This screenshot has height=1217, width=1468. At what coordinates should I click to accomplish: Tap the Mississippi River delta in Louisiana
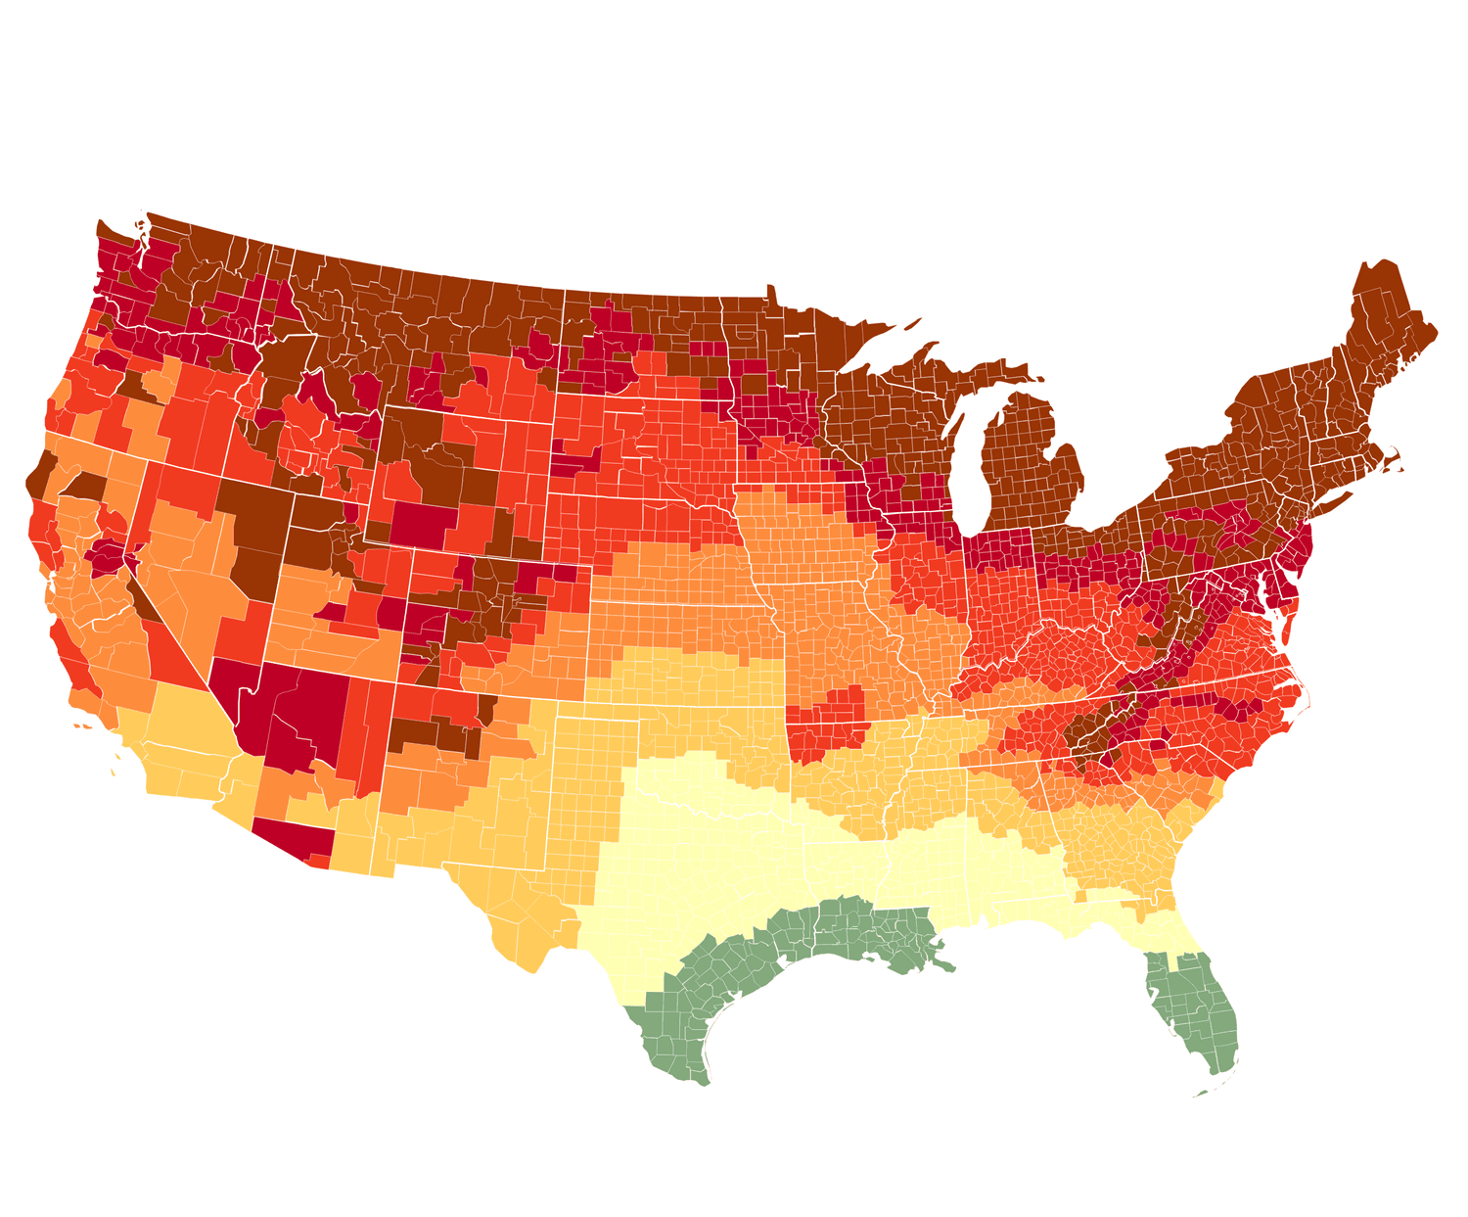point(940,964)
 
